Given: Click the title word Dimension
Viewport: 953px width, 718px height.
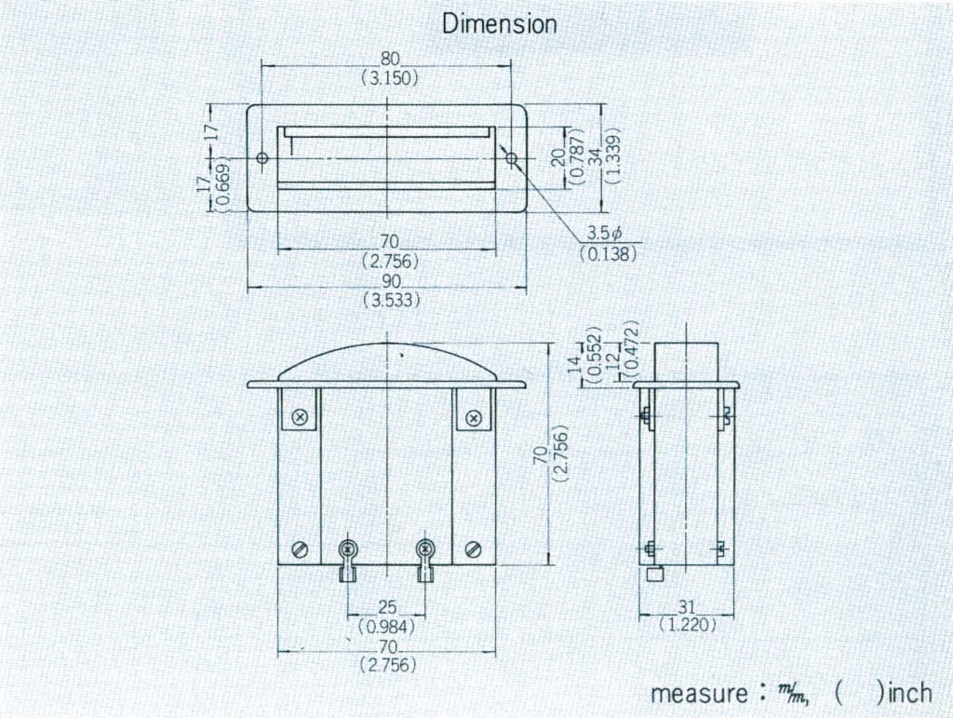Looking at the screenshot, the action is point(499,23).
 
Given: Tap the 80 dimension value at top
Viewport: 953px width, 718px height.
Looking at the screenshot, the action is point(390,59).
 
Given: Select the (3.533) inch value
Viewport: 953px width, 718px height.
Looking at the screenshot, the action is point(392,301).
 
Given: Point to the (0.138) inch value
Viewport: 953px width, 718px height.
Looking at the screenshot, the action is point(609,253).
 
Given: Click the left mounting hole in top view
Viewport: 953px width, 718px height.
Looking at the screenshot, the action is point(262,158).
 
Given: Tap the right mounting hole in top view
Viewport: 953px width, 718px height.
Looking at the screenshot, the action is point(512,158).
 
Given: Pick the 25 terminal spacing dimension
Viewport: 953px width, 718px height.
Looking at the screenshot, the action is point(386,607).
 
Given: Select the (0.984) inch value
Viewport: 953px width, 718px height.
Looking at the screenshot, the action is point(386,626).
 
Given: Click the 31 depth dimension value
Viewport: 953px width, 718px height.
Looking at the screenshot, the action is point(686,606).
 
